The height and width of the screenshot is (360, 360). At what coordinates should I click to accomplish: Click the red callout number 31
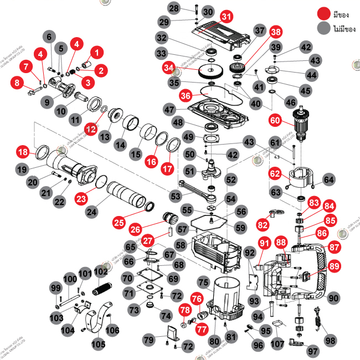[225, 16]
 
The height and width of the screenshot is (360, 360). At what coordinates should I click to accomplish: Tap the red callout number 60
[275, 119]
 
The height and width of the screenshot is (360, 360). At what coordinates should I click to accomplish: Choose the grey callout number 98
[331, 339]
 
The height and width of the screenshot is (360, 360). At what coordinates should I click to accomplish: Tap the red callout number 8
[18, 83]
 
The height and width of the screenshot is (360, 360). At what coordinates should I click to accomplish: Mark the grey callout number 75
[203, 282]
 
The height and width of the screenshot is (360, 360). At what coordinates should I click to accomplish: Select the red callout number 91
[264, 243]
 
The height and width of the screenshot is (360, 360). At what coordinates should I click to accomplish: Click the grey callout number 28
[174, 8]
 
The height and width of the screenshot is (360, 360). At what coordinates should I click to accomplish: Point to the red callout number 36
[186, 96]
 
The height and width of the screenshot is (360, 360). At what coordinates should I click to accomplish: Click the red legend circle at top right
[323, 14]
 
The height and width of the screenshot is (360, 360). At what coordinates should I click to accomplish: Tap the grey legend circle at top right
[323, 28]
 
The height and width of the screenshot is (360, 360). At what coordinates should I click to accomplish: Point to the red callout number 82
[262, 224]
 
